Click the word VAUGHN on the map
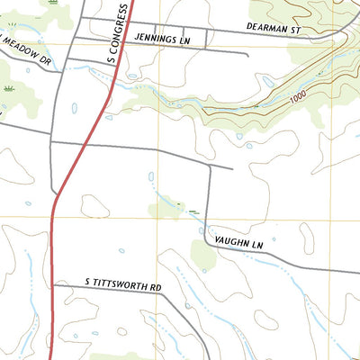[230, 242]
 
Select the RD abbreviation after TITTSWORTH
[156, 288]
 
